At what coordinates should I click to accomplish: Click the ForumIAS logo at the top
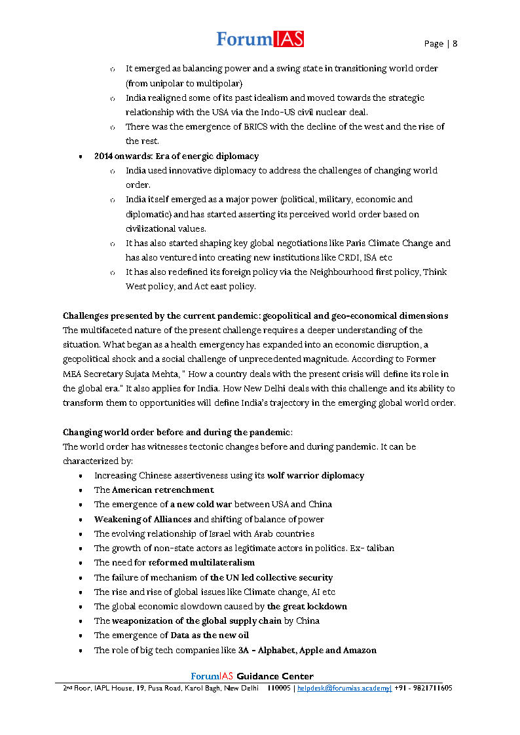click(x=260, y=39)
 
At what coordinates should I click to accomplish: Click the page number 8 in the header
click(x=455, y=44)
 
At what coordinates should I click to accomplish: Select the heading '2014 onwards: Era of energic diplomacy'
click(x=176, y=156)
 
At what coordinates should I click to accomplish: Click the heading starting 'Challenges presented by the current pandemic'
click(x=255, y=316)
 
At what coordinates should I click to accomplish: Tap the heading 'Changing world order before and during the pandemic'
click(x=177, y=433)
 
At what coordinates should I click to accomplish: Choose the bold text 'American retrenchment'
click(x=162, y=490)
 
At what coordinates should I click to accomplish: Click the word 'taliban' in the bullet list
click(x=381, y=548)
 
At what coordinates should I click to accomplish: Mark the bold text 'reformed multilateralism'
click(x=202, y=563)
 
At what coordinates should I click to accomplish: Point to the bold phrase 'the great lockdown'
click(x=306, y=606)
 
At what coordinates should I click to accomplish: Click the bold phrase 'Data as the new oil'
click(x=209, y=636)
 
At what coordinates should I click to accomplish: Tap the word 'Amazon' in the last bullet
click(x=359, y=651)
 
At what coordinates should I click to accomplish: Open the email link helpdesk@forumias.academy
click(x=344, y=689)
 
